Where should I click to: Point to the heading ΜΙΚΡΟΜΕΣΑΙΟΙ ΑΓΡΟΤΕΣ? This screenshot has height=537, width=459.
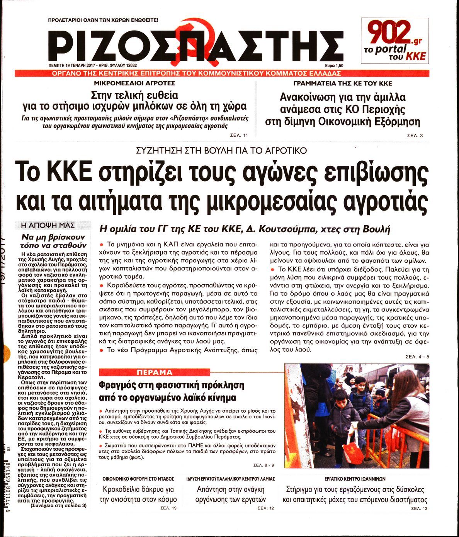pos(134,83)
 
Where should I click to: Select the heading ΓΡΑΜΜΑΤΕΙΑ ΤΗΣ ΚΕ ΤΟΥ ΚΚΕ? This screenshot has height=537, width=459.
pos(342,83)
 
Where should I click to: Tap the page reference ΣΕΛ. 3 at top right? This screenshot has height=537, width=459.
pos(416,136)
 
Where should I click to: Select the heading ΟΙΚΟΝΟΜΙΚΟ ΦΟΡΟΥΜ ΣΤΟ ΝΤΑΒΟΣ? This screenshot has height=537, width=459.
pos(138,479)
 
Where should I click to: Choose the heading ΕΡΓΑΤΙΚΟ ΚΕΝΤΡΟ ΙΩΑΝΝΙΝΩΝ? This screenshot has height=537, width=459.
pos(355,479)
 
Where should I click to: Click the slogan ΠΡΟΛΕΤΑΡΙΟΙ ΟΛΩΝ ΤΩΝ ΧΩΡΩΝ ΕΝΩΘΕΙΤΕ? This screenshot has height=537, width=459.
pos(103,19)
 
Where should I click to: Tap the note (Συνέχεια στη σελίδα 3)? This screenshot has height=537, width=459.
pos(59,505)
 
